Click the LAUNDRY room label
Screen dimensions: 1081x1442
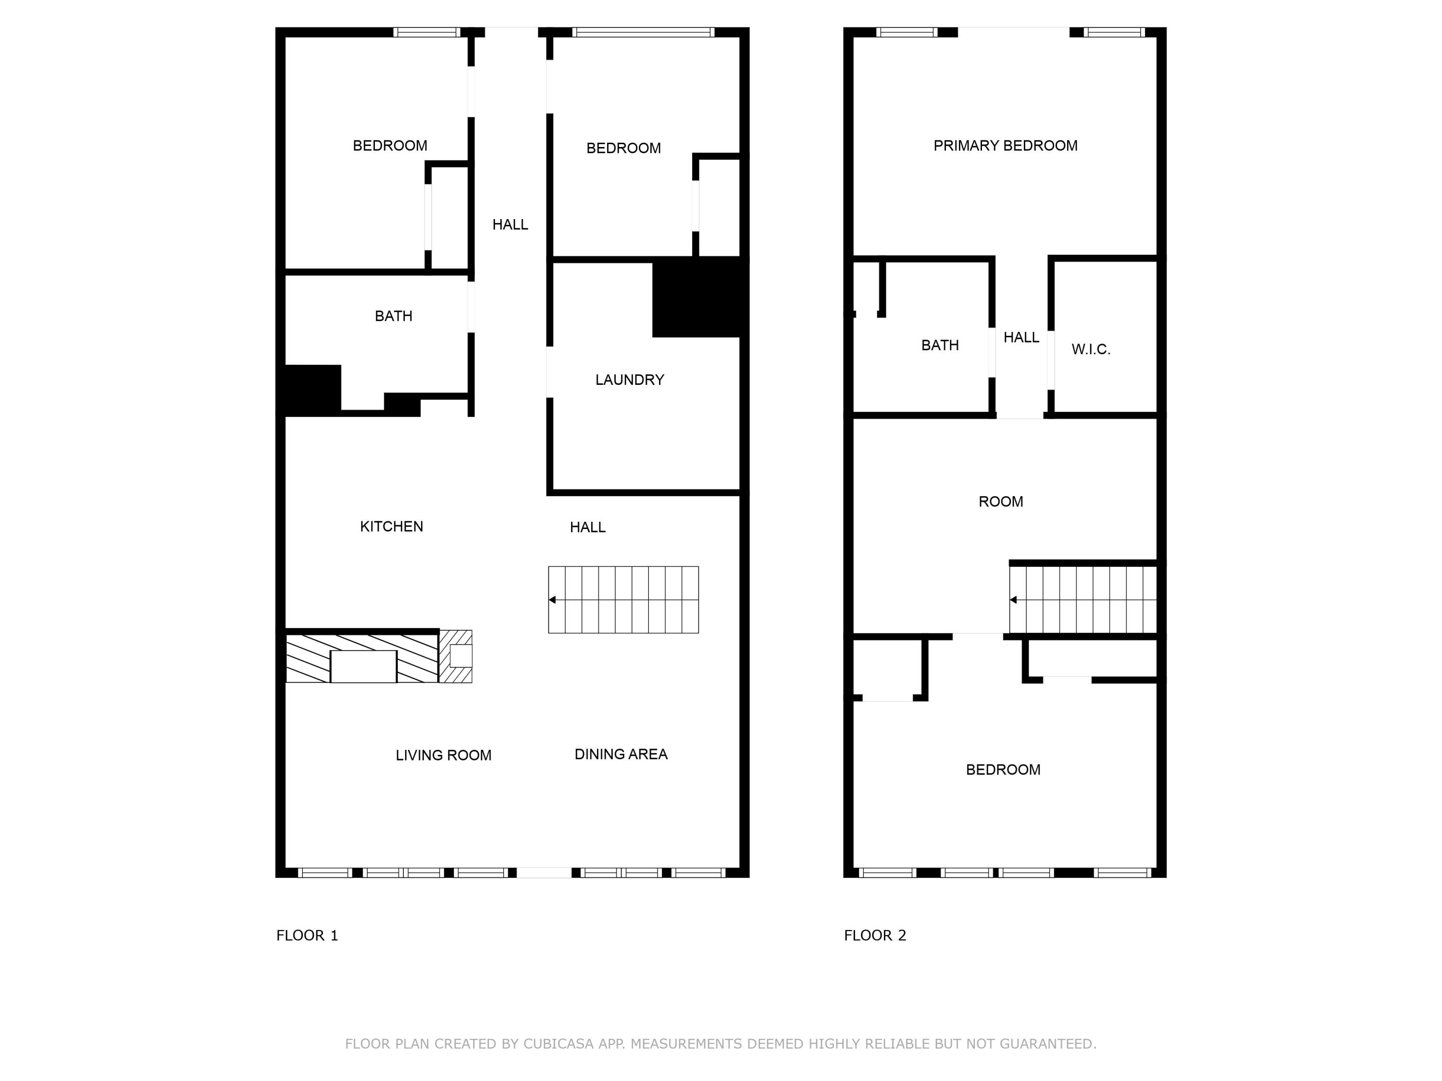629,380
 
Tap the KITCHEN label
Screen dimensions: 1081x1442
391,527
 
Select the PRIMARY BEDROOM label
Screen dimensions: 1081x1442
1005,146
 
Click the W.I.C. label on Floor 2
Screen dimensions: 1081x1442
1091,349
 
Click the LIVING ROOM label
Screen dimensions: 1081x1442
443,755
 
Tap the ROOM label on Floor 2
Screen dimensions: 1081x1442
1001,502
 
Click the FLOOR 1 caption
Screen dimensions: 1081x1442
307,936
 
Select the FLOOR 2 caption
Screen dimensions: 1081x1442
875,936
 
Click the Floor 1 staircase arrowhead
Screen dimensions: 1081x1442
552,600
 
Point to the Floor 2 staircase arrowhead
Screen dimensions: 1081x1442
1013,600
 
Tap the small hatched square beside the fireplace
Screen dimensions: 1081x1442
456,656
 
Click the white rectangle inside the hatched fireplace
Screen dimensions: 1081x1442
363,666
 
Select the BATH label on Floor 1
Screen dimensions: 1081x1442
393,316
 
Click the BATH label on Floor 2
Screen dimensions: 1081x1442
939,345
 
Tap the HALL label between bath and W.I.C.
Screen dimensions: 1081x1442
1021,338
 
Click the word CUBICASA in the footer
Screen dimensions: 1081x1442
558,1044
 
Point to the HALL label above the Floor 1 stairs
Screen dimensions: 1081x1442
587,527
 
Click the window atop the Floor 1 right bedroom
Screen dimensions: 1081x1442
643,32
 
